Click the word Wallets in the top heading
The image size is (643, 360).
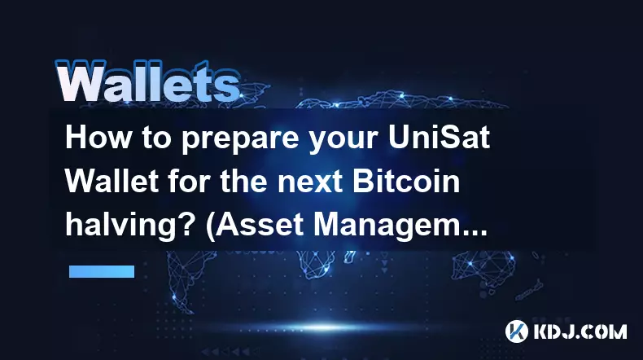pos(148,81)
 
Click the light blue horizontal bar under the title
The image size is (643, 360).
pos(102,271)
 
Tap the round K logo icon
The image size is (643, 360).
pos(517,331)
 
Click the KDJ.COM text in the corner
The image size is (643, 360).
pos(580,331)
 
